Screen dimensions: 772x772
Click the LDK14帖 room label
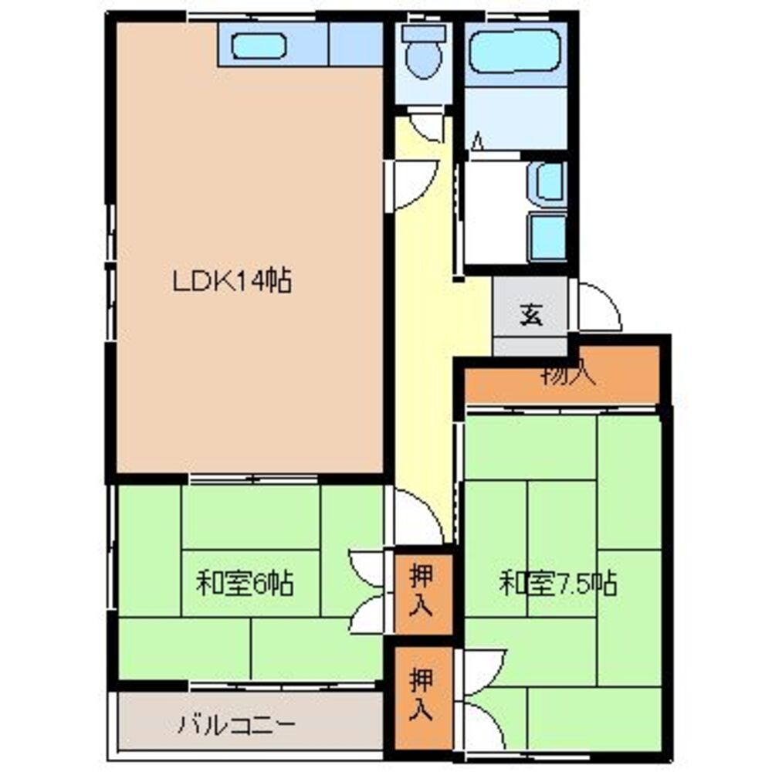(231, 282)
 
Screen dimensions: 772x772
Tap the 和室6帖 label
(244, 583)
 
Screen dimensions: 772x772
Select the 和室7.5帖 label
(557, 583)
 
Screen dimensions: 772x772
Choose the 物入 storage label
(567, 376)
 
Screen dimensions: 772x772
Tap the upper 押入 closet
(420, 591)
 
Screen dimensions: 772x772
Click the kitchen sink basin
(259, 47)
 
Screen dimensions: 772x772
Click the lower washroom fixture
(548, 235)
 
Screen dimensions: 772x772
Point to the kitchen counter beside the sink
(355, 45)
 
